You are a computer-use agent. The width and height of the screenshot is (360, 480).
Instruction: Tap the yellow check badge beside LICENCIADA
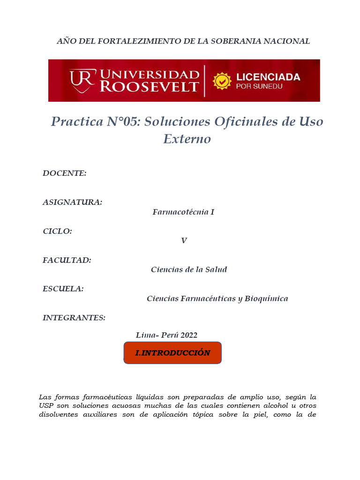pyautogui.click(x=222, y=81)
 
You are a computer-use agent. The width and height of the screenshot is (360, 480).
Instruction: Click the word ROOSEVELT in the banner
pyautogui.click(x=150, y=87)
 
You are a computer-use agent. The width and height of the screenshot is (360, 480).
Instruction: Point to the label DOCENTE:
pyautogui.click(x=65, y=173)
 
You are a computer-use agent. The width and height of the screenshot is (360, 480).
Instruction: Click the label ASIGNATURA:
pyautogui.click(x=72, y=202)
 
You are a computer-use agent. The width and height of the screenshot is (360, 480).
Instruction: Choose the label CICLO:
pyautogui.click(x=57, y=231)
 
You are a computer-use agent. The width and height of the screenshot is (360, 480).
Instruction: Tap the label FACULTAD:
pyautogui.click(x=67, y=260)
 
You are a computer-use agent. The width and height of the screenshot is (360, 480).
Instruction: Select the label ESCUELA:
pyautogui.click(x=63, y=289)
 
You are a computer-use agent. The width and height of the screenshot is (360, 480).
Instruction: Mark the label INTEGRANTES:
pyautogui.click(x=74, y=318)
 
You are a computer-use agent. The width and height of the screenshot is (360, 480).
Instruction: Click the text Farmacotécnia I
pyautogui.click(x=183, y=212)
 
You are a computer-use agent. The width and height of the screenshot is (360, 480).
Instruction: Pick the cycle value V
pyautogui.click(x=184, y=241)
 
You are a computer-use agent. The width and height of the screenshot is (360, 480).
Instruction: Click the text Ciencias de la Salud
pyautogui.click(x=189, y=270)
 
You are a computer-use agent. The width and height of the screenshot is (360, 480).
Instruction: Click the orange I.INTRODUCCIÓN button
pyautogui.click(x=172, y=353)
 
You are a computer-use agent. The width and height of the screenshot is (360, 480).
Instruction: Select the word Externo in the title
pyautogui.click(x=187, y=139)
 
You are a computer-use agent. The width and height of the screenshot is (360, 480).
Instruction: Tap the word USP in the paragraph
pyautogui.click(x=47, y=405)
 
